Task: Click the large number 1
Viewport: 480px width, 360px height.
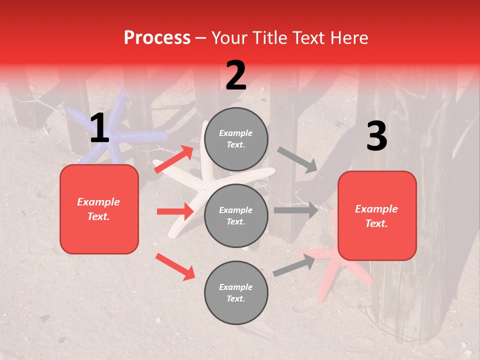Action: click(x=99, y=128)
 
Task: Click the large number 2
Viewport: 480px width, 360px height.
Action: click(x=236, y=75)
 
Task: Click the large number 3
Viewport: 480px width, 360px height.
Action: click(x=376, y=136)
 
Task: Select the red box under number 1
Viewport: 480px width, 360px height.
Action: click(x=99, y=209)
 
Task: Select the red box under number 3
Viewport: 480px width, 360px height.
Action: click(x=377, y=215)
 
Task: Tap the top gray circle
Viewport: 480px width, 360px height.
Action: click(x=236, y=139)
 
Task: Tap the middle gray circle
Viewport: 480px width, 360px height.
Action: click(x=236, y=215)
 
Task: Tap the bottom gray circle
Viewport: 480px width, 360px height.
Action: click(x=236, y=292)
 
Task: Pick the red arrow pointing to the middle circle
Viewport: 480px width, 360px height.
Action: click(x=175, y=211)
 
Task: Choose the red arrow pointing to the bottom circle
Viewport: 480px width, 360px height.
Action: click(x=175, y=266)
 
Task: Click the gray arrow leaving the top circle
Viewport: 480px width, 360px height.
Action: click(x=297, y=159)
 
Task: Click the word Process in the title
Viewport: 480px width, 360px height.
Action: click(x=157, y=38)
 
